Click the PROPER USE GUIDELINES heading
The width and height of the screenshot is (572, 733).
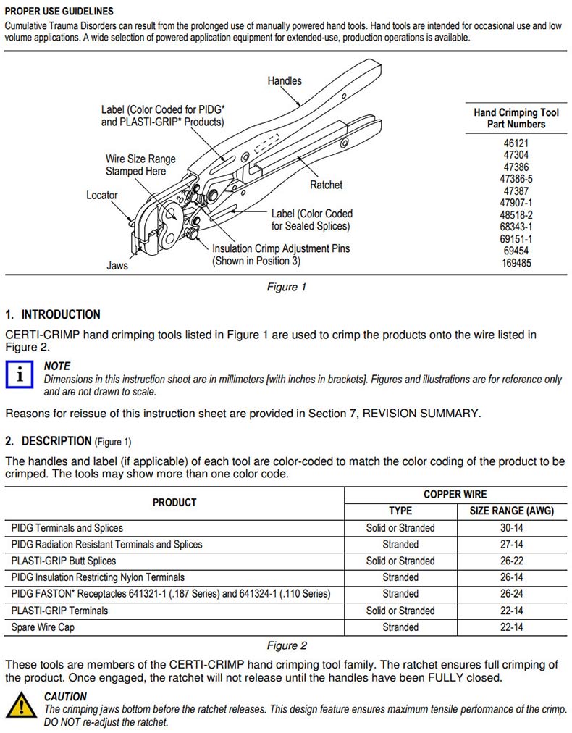[58, 12]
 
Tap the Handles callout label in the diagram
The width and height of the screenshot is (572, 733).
[285, 81]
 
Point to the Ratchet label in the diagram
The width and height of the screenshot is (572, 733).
[326, 185]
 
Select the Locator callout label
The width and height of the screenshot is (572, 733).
[101, 195]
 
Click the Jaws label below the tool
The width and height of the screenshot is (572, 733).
[117, 266]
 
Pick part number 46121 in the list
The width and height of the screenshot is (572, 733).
[516, 143]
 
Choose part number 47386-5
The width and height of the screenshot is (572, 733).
[516, 179]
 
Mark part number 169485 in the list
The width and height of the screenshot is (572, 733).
[516, 263]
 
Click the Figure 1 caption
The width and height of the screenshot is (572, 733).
[286, 287]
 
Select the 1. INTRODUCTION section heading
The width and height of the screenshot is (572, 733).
[52, 314]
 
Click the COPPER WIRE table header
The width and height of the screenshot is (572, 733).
[455, 494]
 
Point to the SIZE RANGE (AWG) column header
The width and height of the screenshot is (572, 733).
[512, 511]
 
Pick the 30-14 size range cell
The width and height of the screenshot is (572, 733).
[512, 528]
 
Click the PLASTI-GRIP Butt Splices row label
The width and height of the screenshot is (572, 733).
[64, 561]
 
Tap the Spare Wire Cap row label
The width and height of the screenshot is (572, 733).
[43, 627]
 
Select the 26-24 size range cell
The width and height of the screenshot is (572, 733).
[512, 594]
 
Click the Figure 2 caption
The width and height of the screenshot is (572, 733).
[286, 645]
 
